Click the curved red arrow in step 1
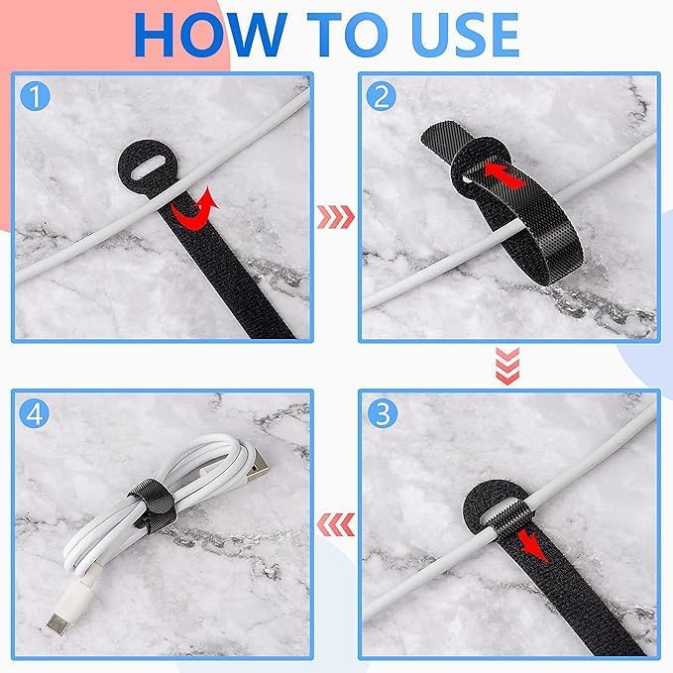(x=193, y=209)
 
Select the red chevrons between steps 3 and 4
(x=336, y=521)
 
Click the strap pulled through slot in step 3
(x=505, y=516)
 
